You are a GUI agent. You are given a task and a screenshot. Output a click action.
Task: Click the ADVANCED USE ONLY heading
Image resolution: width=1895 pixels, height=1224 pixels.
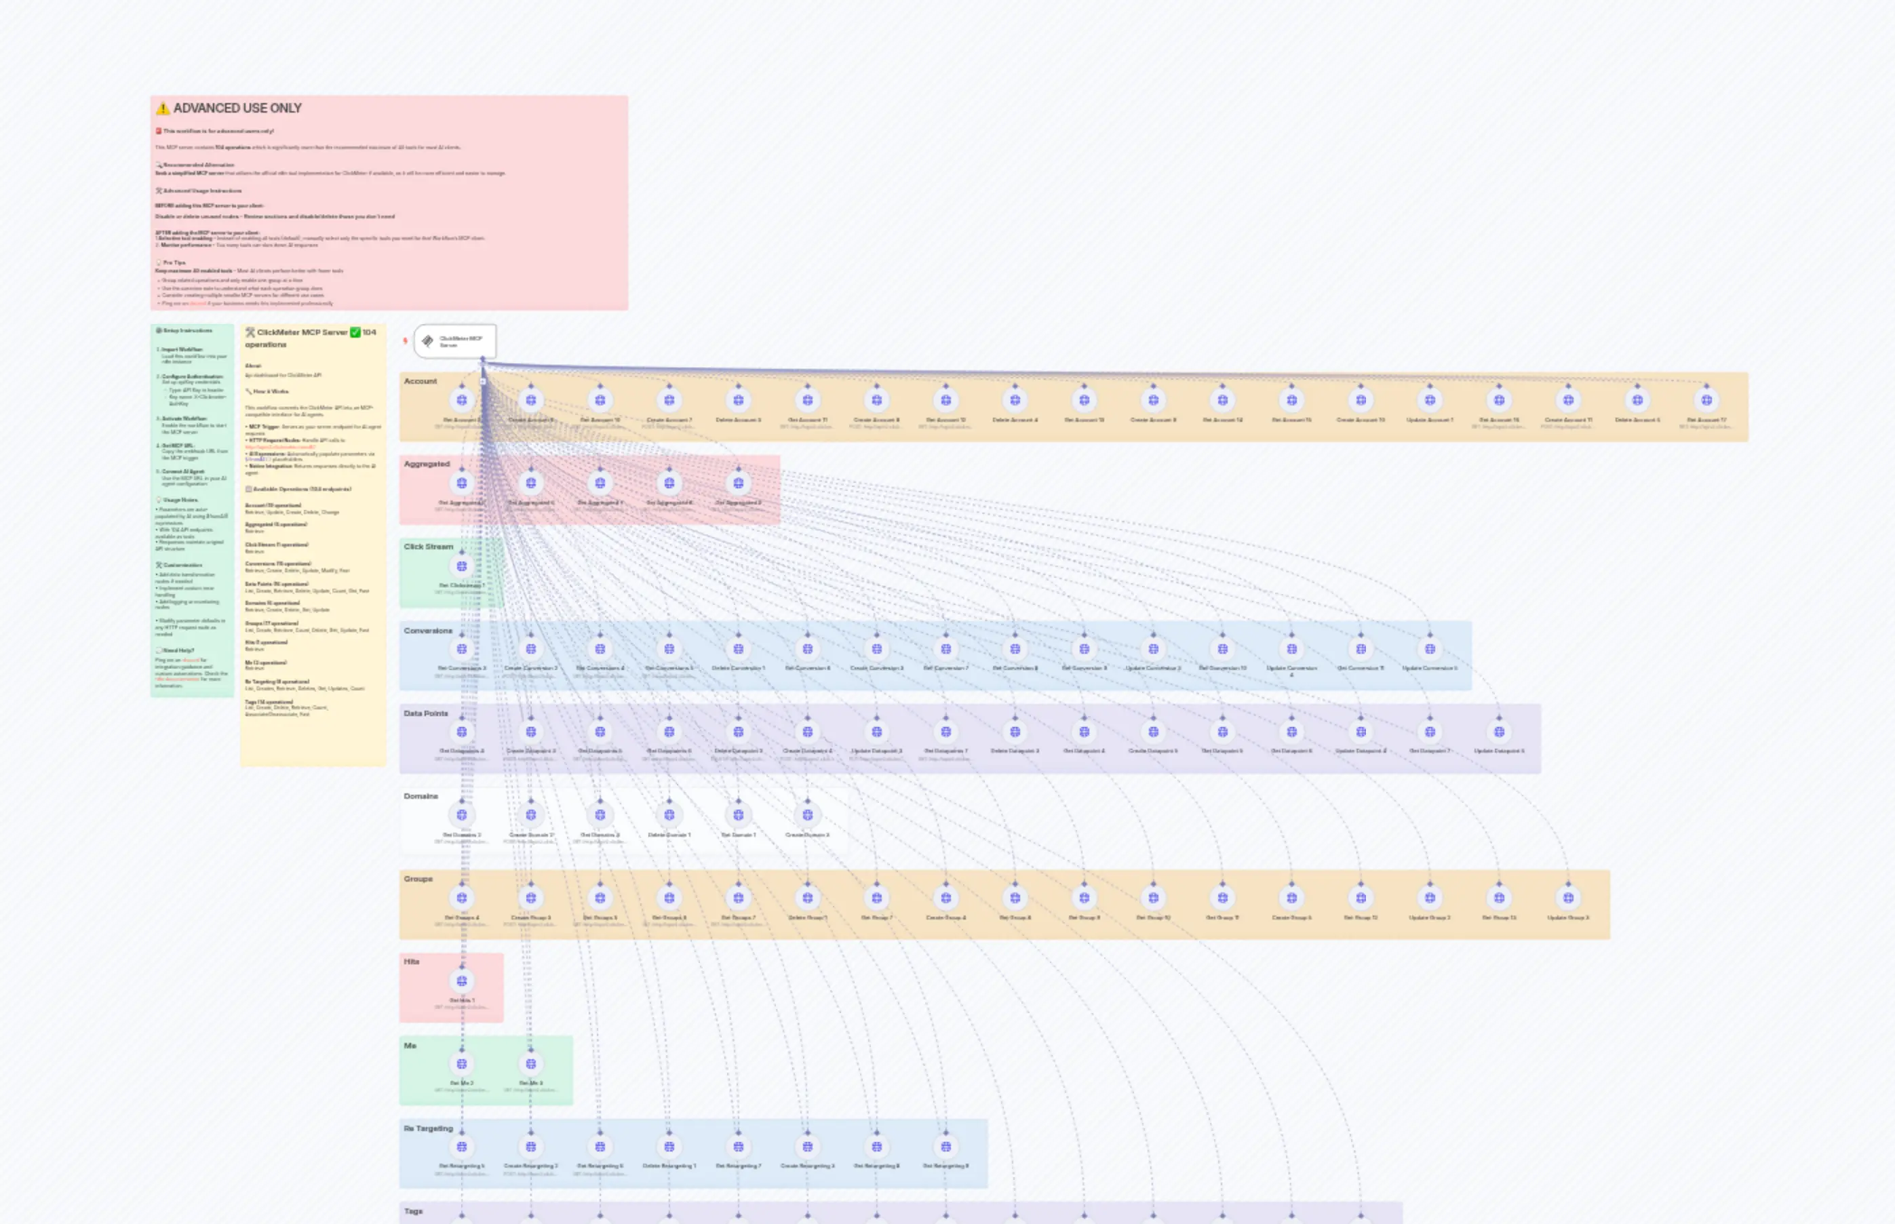click(237, 108)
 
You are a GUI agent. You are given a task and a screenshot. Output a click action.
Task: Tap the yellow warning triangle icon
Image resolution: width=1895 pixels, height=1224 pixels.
click(163, 108)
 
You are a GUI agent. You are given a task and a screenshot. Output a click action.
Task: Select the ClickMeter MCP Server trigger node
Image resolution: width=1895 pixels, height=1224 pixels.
click(454, 341)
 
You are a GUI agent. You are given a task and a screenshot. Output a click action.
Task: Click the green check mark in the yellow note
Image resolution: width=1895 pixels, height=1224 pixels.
click(355, 332)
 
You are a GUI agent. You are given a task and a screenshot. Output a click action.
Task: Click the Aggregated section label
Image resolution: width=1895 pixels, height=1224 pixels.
click(426, 464)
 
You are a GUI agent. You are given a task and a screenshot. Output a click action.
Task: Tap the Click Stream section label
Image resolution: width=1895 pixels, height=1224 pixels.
click(428, 547)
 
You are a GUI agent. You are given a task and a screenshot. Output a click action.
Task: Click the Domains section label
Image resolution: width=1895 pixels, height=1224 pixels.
click(421, 796)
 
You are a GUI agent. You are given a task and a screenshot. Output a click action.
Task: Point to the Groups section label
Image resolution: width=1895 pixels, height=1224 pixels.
click(418, 879)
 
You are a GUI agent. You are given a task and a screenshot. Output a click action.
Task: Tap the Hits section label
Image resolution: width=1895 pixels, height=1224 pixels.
click(411, 962)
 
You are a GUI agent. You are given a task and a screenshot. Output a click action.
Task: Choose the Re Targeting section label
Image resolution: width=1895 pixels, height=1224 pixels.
click(428, 1128)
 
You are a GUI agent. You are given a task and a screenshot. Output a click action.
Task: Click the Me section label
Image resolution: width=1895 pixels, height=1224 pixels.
click(410, 1046)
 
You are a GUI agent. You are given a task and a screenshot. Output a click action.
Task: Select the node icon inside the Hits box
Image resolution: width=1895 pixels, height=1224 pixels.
click(462, 981)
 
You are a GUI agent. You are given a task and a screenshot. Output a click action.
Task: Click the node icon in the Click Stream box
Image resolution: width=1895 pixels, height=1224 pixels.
click(462, 566)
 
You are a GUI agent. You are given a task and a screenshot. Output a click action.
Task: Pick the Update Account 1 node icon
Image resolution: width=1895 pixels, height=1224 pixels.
click(1430, 400)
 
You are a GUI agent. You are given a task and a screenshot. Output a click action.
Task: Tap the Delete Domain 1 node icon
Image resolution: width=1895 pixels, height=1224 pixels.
click(669, 814)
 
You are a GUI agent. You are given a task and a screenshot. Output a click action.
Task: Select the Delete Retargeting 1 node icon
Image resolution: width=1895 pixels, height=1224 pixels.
click(669, 1147)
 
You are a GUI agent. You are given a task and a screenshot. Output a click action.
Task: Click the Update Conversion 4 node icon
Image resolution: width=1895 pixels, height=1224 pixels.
click(1291, 648)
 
